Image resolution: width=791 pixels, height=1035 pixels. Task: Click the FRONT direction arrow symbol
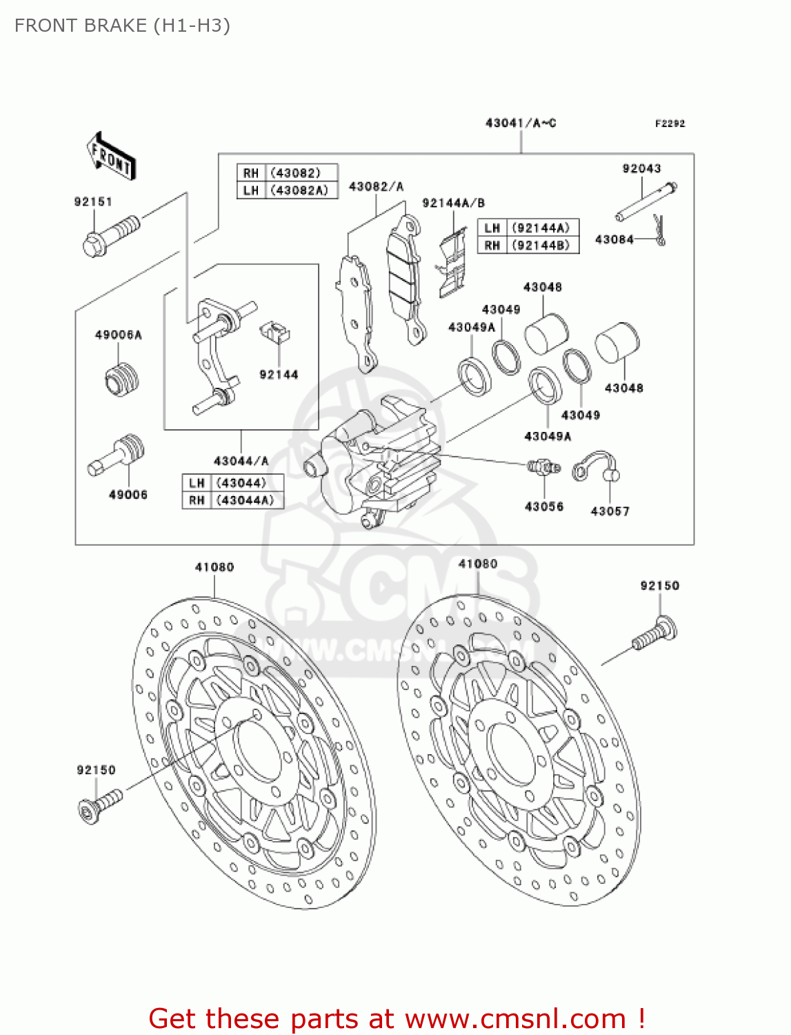[x=111, y=157]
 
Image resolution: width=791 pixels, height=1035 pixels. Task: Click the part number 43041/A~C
[x=521, y=124]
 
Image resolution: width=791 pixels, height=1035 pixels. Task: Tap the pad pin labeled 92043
[x=646, y=202]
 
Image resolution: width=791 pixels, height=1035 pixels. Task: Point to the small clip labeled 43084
[x=660, y=230]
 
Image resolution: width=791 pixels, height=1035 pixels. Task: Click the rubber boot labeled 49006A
[x=122, y=379]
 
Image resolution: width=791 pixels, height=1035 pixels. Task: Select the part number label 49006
[x=128, y=495]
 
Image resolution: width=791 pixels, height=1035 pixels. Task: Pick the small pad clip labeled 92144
[x=274, y=333]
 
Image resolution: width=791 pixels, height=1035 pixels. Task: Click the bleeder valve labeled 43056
[x=543, y=468]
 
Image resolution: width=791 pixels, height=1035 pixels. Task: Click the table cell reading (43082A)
[x=299, y=190]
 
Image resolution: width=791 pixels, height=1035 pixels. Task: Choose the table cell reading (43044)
[x=241, y=483]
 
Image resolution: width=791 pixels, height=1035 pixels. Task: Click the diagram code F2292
[x=670, y=124]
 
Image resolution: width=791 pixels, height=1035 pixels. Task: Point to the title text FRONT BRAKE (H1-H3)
[x=122, y=26]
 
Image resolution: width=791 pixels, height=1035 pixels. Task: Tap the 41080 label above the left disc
[x=214, y=567]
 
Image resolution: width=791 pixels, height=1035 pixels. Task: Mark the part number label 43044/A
[x=241, y=461]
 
